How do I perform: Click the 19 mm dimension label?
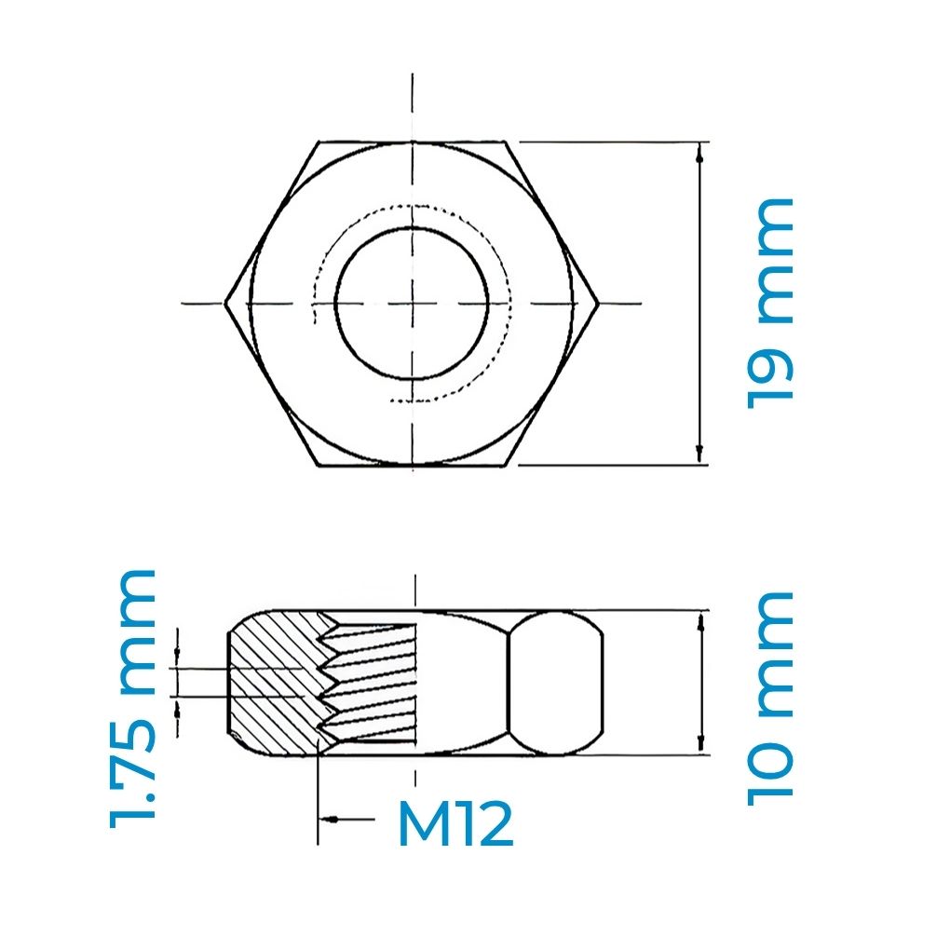click(x=771, y=302)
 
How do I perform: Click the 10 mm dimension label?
click(x=771, y=695)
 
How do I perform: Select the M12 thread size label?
click(x=455, y=825)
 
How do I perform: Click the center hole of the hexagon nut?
click(x=412, y=303)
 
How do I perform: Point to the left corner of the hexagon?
click(x=226, y=303)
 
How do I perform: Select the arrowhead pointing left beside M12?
click(x=329, y=819)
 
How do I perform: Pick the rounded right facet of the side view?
click(x=556, y=682)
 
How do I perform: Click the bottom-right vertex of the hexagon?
click(x=507, y=465)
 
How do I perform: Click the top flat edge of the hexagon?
click(x=412, y=142)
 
